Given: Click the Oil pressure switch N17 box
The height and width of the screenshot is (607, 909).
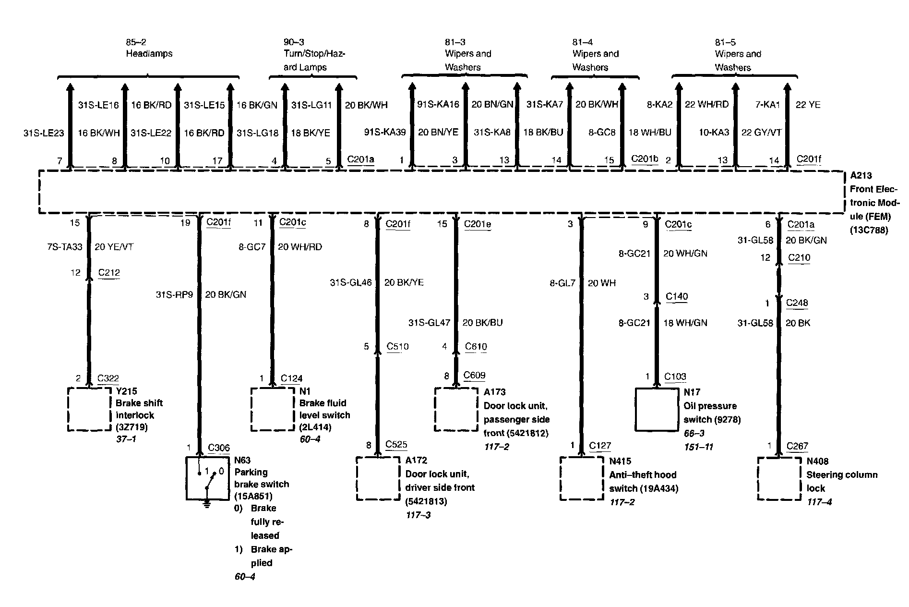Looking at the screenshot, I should click(x=657, y=409).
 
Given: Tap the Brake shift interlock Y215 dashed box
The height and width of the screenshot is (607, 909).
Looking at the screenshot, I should click(x=89, y=409).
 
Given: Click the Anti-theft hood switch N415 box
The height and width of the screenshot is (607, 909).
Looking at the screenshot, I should click(x=582, y=478).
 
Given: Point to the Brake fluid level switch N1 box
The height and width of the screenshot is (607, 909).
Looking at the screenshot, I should click(x=273, y=409).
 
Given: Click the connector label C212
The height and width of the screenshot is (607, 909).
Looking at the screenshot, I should click(x=109, y=273).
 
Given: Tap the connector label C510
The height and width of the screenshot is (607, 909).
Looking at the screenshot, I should click(x=398, y=346).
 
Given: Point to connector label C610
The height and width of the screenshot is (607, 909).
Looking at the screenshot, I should click(x=476, y=346).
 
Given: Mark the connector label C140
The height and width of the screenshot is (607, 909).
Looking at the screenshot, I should click(x=677, y=297).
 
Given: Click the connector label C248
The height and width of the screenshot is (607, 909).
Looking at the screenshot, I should click(x=797, y=303).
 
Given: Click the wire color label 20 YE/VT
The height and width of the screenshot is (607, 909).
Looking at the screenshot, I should click(x=114, y=247).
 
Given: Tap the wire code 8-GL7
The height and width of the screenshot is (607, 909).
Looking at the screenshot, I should click(x=562, y=283).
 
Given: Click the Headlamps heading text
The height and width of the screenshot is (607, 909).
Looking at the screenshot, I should click(x=149, y=54).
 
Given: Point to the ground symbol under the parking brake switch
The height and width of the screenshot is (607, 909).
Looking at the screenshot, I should click(x=207, y=504).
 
